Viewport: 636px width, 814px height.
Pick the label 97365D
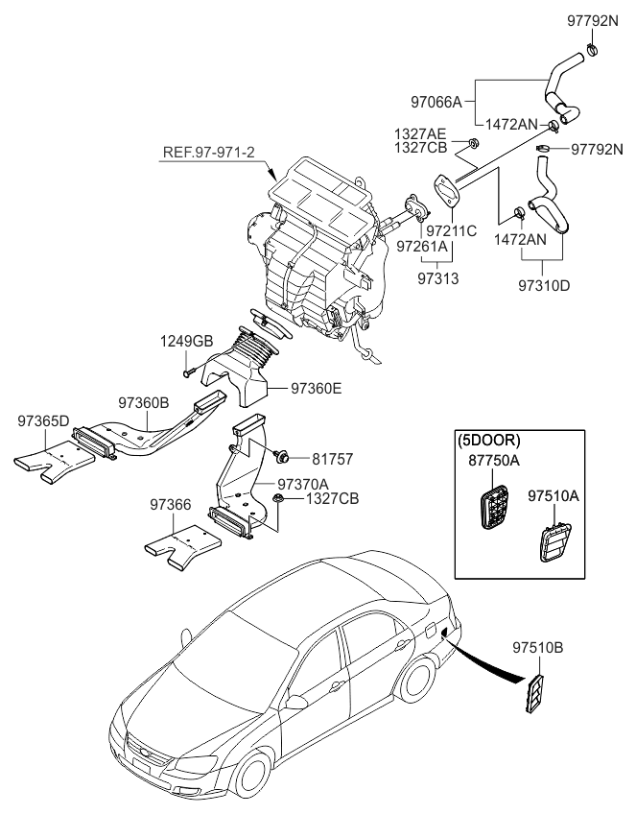[43, 420]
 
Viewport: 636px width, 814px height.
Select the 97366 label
[171, 503]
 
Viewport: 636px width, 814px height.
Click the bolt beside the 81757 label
[284, 456]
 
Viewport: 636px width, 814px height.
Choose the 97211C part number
[450, 231]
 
